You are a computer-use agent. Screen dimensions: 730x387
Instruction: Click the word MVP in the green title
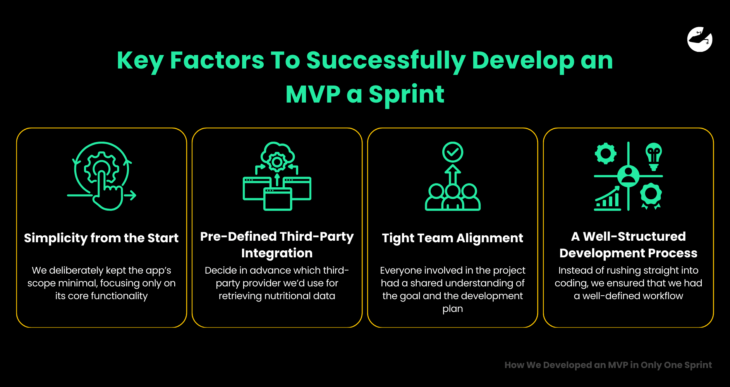(313, 94)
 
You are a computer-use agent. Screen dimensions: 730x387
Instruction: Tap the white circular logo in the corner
(700, 39)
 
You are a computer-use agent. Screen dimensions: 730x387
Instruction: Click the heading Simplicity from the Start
(101, 238)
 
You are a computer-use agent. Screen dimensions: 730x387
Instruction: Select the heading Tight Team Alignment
(452, 238)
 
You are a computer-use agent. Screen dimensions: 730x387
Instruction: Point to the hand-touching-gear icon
(101, 176)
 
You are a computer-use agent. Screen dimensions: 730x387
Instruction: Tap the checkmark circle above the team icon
(453, 152)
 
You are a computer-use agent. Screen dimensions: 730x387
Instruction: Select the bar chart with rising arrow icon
(607, 198)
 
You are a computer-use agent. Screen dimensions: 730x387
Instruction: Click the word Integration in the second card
(277, 253)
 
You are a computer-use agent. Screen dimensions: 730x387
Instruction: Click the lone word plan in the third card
(453, 309)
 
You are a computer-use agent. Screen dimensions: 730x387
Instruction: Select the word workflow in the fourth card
(663, 296)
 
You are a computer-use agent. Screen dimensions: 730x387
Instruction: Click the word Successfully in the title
(386, 61)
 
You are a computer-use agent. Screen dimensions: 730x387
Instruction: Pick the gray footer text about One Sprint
(608, 365)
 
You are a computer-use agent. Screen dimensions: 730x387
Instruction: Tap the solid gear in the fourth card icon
(606, 153)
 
